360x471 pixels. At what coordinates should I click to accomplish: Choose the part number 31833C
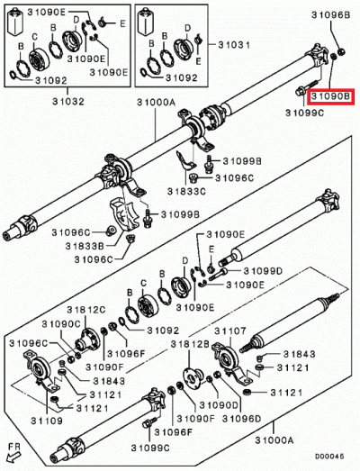pyautogui.click(x=187, y=192)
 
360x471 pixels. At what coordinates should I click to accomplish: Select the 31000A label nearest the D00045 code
pyautogui.click(x=274, y=439)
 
